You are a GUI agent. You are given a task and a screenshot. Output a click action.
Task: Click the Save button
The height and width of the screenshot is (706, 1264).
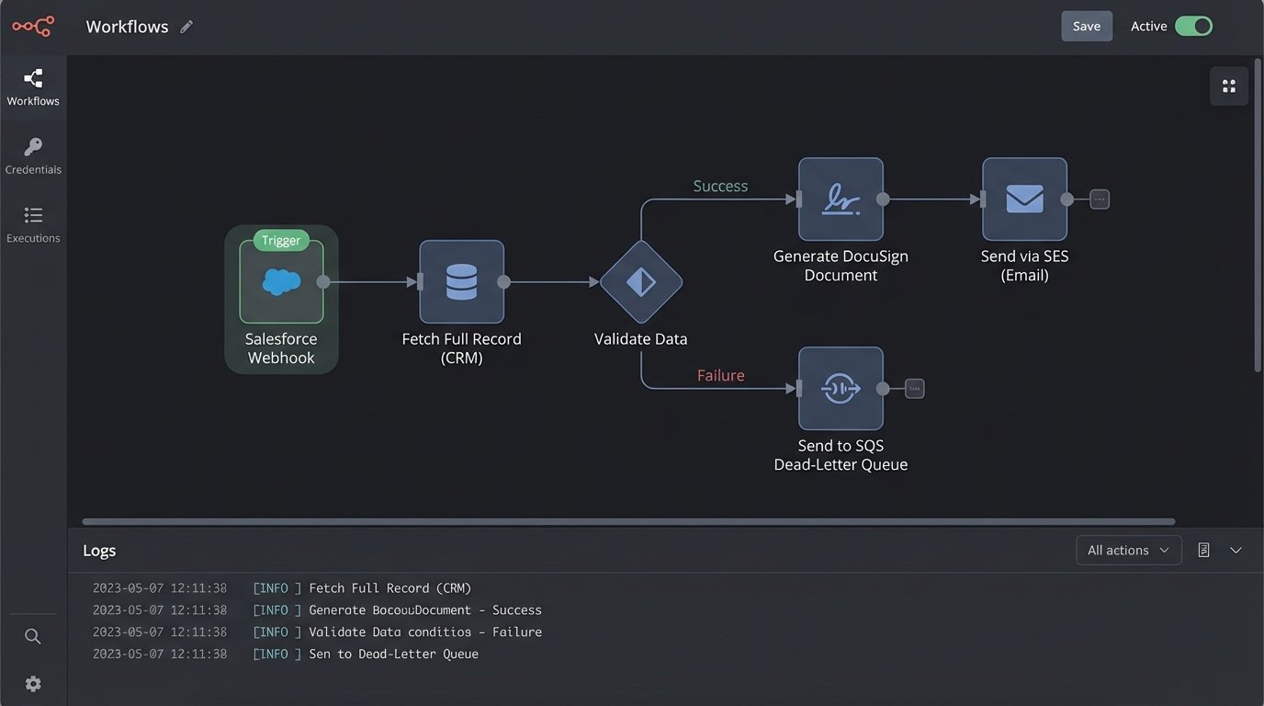tap(1086, 27)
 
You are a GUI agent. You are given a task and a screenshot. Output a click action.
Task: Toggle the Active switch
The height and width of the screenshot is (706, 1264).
tap(1193, 27)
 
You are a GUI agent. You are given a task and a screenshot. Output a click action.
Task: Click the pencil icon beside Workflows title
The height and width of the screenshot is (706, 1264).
tap(186, 27)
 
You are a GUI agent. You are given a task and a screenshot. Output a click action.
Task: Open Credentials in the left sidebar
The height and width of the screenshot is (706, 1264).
tap(33, 155)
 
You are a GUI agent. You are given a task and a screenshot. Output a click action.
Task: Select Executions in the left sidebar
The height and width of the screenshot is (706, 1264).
tap(33, 224)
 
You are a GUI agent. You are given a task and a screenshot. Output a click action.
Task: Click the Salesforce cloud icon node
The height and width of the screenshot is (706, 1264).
tap(281, 282)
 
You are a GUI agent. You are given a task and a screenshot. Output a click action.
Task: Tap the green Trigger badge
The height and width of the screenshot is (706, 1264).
tap(281, 241)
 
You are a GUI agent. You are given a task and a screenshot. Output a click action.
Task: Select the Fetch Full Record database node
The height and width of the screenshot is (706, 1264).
tap(461, 282)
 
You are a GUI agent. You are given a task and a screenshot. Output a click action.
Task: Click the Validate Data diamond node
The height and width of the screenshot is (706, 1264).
tap(640, 282)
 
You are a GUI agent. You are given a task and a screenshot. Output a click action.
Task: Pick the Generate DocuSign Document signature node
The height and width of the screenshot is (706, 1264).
tap(841, 199)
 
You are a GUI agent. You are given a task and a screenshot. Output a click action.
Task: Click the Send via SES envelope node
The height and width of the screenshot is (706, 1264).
tap(1024, 199)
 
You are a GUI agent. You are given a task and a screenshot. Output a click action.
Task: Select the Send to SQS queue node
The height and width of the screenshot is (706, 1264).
tap(841, 389)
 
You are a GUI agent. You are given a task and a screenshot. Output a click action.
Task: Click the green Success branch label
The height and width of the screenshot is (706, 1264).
tap(720, 187)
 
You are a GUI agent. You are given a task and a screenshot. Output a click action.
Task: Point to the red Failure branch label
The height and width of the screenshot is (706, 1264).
tap(720, 375)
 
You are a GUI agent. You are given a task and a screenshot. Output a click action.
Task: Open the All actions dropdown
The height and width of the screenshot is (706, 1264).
tap(1128, 551)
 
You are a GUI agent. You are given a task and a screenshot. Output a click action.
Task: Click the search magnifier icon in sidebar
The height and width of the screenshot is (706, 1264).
tap(33, 636)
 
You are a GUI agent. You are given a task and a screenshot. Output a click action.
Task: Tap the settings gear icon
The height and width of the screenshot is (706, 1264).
tap(33, 684)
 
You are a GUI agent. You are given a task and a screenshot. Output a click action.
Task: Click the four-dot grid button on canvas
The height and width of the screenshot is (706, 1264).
tap(1228, 86)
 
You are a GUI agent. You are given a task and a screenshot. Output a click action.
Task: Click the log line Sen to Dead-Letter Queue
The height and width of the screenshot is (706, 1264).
tap(393, 655)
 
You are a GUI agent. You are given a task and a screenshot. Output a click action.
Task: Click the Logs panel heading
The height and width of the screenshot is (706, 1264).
tap(99, 551)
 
